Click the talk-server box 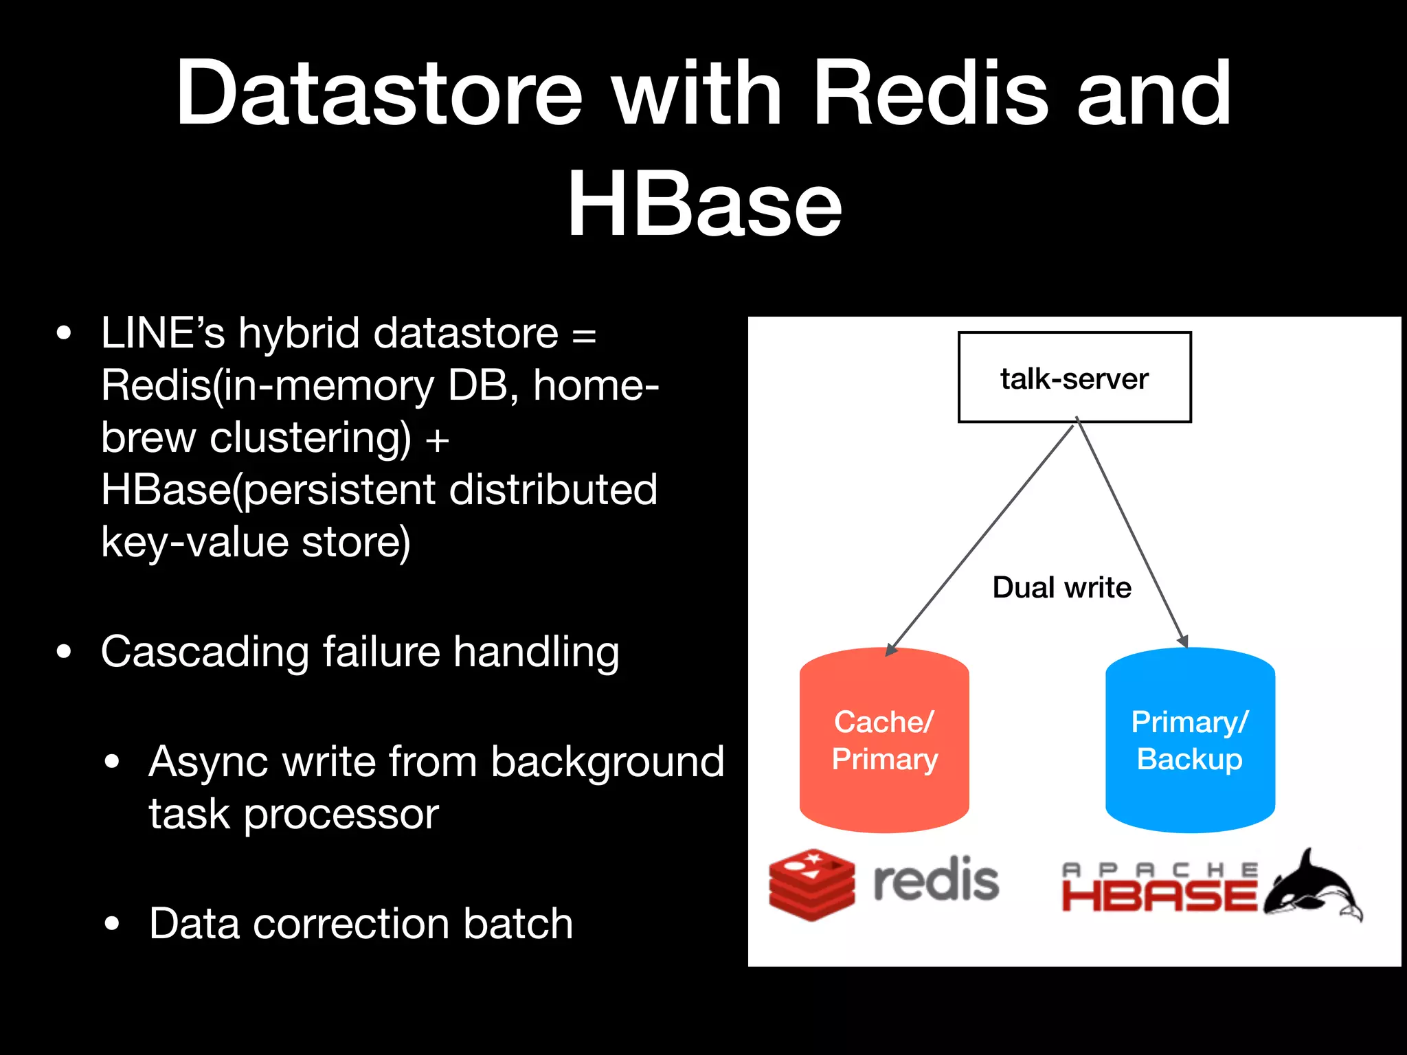coord(1074,377)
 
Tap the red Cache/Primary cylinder coord(884,740)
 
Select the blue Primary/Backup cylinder coord(1189,740)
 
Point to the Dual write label coord(1061,588)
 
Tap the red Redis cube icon coord(811,885)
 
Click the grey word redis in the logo coord(935,881)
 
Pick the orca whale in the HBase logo coord(1312,886)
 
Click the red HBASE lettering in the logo coord(1159,897)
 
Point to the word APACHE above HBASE coord(1159,870)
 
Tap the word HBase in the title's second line coord(704,204)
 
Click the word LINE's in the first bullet coord(163,333)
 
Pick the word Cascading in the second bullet coord(204,652)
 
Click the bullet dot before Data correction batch coord(112,924)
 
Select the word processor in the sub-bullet coord(341,815)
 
